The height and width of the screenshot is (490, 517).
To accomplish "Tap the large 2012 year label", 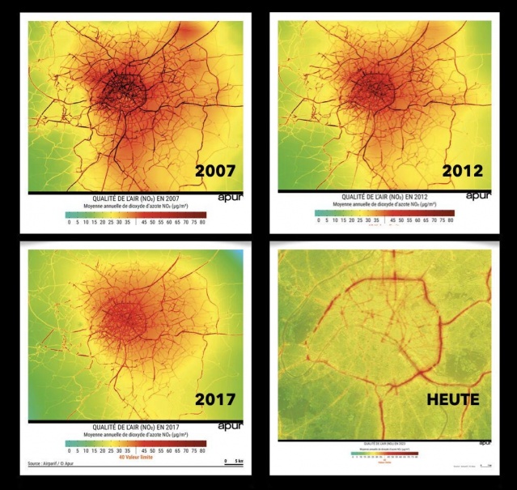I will (462, 171).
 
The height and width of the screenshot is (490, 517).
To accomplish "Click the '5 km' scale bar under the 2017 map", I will (232, 462).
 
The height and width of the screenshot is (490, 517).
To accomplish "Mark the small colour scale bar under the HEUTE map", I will (383, 450).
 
